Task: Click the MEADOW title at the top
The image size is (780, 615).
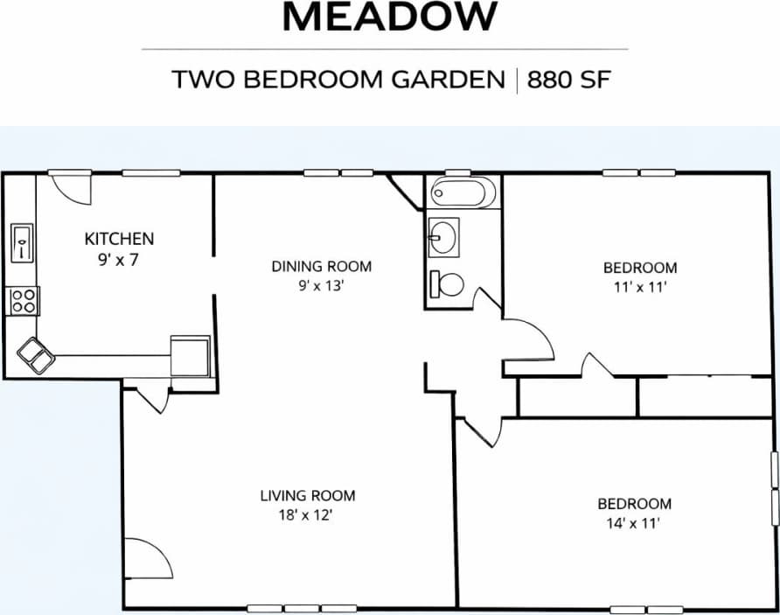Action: [390, 17]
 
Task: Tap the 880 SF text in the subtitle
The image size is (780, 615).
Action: [568, 80]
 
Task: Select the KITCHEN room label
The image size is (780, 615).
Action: [119, 238]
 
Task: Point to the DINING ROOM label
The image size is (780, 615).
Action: [321, 266]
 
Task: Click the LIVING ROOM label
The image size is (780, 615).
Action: [308, 496]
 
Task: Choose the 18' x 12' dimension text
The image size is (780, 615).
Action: [308, 515]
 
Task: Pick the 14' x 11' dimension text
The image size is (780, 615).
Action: [634, 523]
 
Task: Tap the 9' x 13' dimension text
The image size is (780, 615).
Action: [321, 285]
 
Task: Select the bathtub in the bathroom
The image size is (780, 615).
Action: [463, 192]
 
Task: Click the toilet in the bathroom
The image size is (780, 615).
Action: [447, 283]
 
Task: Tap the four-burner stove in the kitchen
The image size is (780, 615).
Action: [24, 301]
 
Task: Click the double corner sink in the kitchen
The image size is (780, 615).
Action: [36, 353]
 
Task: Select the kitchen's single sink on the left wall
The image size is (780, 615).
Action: [21, 241]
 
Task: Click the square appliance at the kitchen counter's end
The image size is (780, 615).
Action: [191, 355]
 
